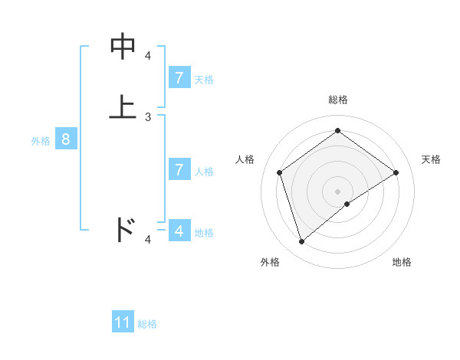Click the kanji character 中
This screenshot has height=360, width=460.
point(123,47)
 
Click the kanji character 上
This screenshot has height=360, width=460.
point(123,107)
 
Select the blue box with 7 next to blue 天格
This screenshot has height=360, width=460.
point(179,77)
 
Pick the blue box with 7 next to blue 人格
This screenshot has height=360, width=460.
point(179,170)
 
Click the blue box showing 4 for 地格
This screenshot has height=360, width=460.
point(179,231)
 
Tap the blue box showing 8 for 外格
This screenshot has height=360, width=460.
point(66,139)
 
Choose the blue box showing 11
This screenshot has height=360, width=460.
point(123,322)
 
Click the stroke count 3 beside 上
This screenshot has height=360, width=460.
point(148,117)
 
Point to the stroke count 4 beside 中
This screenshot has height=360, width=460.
point(148,56)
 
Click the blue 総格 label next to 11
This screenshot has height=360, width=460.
point(147,324)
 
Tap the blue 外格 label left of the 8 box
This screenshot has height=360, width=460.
point(41,141)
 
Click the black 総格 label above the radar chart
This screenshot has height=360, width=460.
point(337,100)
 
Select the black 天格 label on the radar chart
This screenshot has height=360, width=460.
point(431,159)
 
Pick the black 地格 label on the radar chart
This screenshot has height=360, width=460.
point(402,262)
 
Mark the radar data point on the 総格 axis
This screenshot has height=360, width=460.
point(337,130)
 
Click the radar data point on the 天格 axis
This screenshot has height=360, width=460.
point(396,172)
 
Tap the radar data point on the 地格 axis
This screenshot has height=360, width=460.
point(347,204)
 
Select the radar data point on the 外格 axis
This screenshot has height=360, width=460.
point(301,241)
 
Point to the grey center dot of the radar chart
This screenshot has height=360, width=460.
point(337,191)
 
